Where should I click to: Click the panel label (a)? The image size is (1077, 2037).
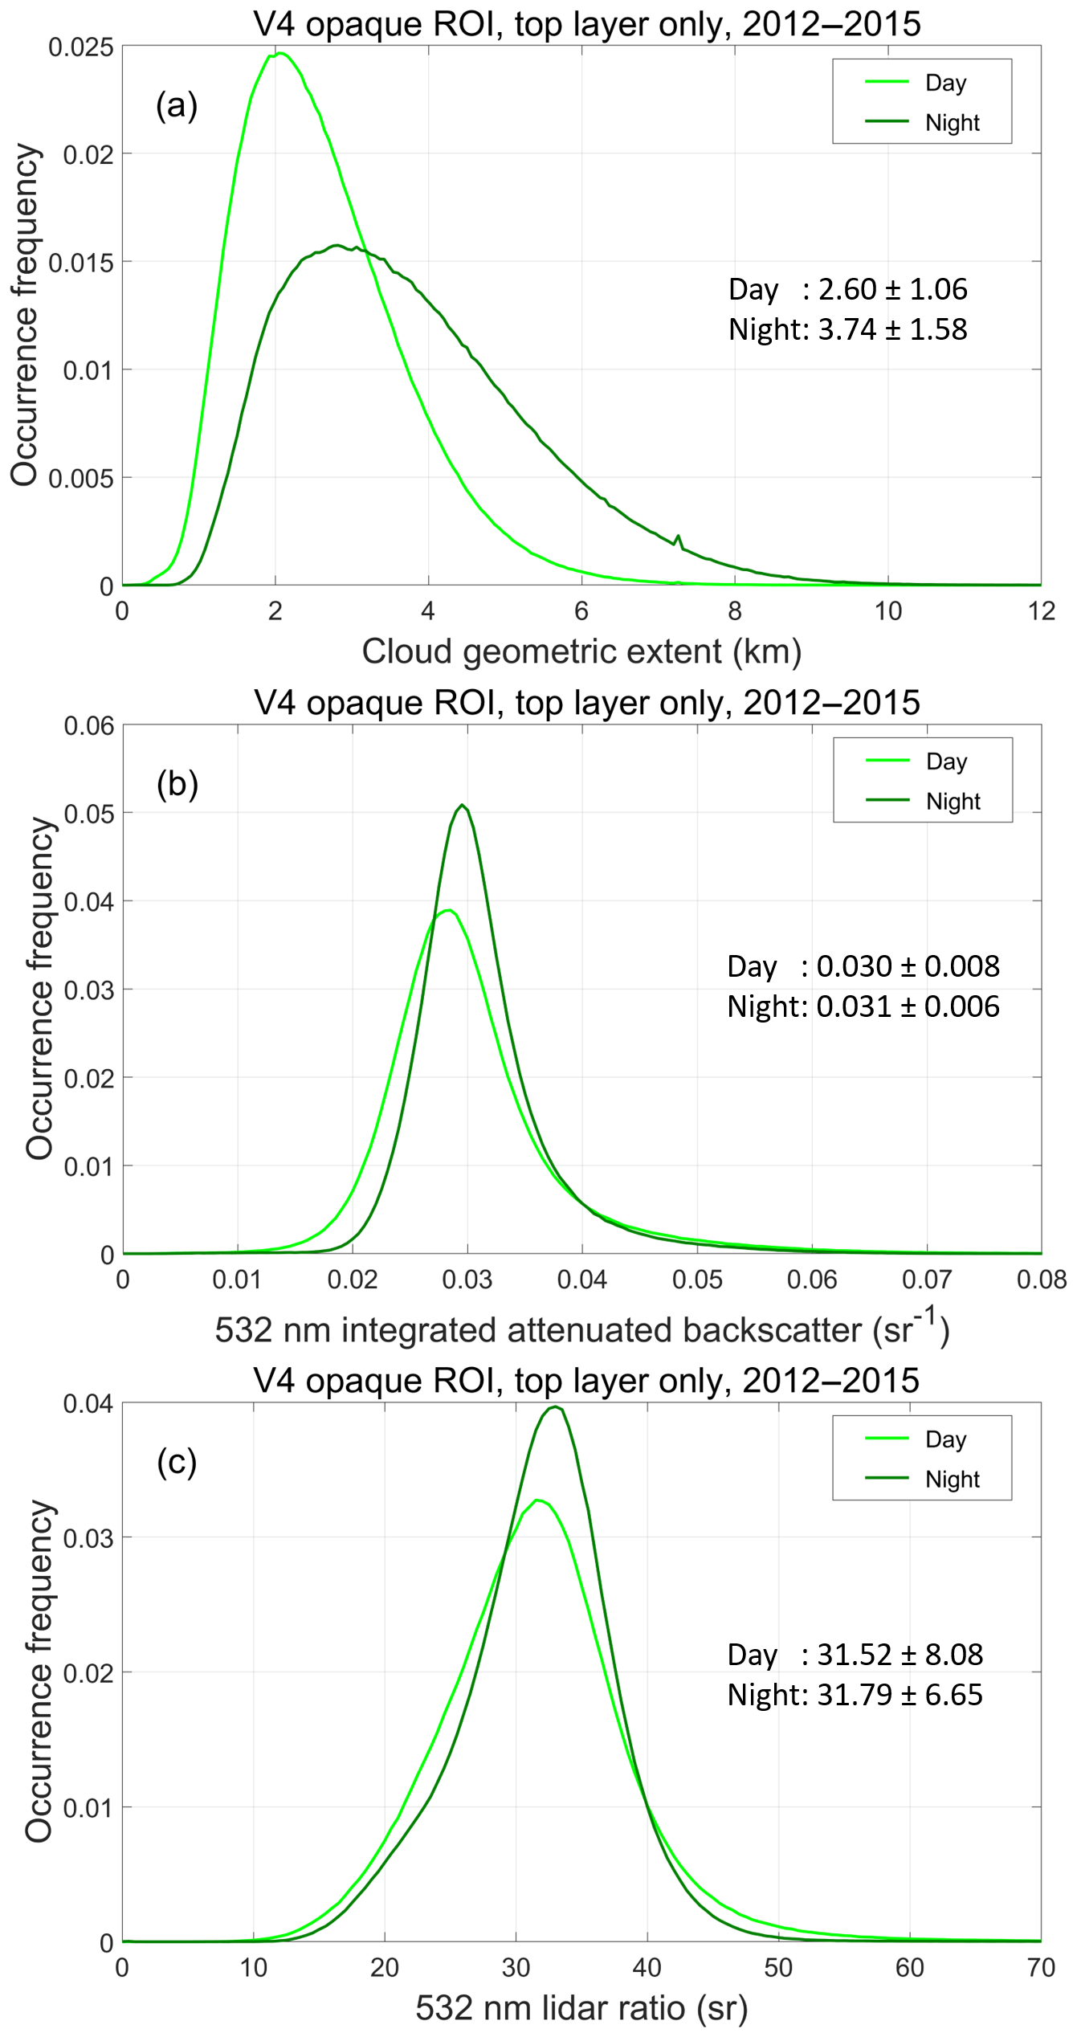[x=177, y=105]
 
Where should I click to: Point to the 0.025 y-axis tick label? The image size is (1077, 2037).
[x=80, y=47]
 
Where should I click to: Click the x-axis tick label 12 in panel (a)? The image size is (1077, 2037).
[x=1041, y=611]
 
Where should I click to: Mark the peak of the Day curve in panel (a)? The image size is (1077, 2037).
[x=280, y=54]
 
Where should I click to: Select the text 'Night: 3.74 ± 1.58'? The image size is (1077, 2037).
[x=847, y=329]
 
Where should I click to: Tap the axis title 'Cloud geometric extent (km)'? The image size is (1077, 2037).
[x=581, y=651]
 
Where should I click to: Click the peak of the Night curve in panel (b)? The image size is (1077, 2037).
[x=463, y=805]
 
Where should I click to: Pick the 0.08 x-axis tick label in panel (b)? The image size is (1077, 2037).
[x=1041, y=1280]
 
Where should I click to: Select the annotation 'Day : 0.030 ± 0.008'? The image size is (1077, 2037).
[x=863, y=966]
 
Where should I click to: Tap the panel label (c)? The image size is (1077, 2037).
[x=177, y=1462]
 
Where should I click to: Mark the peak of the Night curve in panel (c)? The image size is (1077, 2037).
[x=555, y=1406]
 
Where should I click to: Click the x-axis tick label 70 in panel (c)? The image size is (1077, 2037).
[x=1041, y=1967]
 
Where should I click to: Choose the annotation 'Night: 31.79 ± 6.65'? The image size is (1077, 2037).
[x=855, y=1694]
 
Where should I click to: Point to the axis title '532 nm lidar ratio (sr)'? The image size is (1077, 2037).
[x=581, y=2008]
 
